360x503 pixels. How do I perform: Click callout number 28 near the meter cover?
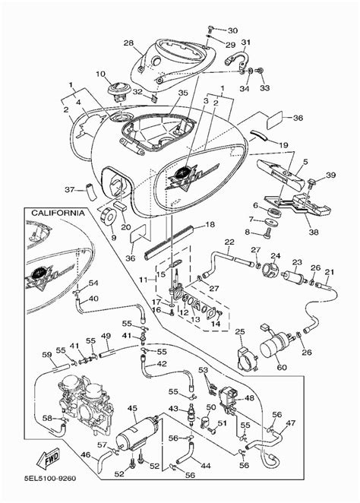coord(128,43)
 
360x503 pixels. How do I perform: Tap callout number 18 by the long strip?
coord(210,225)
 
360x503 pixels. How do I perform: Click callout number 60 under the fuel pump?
coord(283,369)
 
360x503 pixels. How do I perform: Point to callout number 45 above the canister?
coord(134,409)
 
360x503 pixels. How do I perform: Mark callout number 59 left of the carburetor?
coord(47,354)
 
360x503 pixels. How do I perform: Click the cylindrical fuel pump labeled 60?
coord(276,348)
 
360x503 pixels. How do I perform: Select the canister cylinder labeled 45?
coord(137,439)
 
